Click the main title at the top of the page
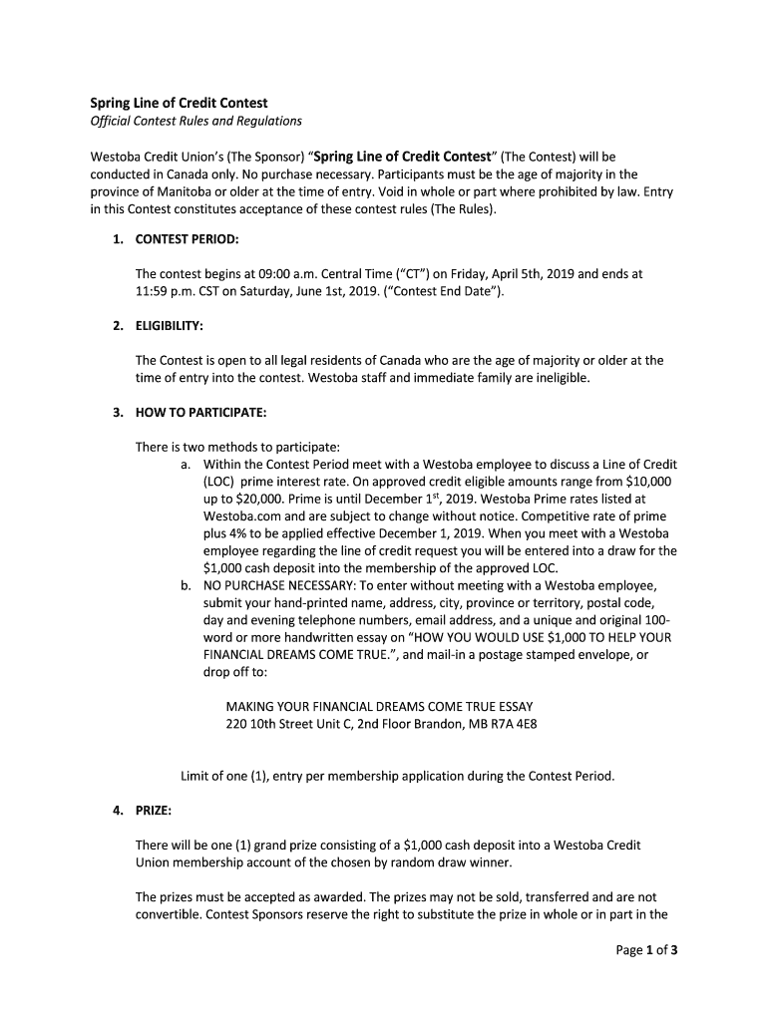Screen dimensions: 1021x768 tap(179, 103)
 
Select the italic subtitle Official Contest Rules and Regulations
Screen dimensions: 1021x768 tap(195, 121)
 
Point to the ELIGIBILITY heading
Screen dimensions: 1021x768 tap(169, 325)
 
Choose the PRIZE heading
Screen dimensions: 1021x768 tap(154, 810)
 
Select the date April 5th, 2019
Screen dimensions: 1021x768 tap(537, 273)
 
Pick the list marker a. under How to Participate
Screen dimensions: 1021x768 tap(186, 464)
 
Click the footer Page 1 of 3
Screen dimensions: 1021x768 tap(646, 949)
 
